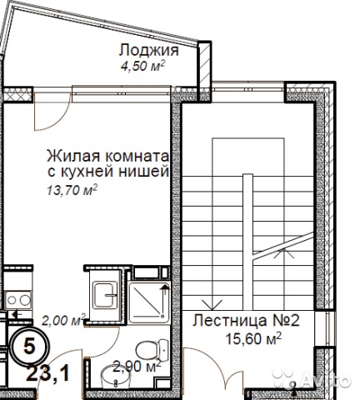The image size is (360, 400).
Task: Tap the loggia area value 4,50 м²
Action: (142, 67)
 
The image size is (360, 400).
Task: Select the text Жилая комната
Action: (107, 156)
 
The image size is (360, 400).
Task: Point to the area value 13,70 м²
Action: (72, 190)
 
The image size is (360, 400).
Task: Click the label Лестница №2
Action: (246, 321)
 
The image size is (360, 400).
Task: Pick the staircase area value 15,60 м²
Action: (253, 338)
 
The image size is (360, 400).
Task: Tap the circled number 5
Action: (29, 347)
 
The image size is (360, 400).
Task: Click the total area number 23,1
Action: (48, 374)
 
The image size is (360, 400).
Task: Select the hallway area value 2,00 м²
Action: (63, 320)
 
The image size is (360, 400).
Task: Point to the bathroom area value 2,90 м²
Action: (137, 367)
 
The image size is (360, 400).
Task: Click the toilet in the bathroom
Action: (152, 351)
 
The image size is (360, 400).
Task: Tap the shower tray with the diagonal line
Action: (149, 302)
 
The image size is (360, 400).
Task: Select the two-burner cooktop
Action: (19, 300)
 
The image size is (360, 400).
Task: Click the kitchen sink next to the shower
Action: (105, 295)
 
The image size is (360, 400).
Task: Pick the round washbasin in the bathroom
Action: (116, 377)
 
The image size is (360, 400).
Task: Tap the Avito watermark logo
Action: (311, 377)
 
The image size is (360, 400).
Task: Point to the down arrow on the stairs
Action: (212, 304)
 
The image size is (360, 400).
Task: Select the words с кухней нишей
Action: (108, 172)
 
